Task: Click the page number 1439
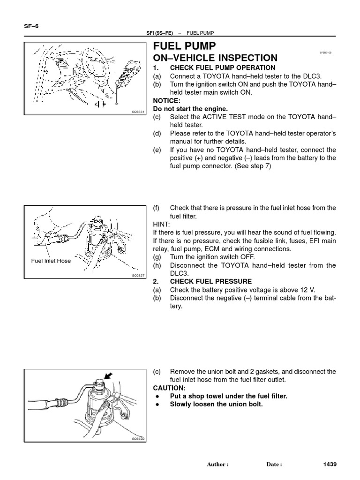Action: (330, 464)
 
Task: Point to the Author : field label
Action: (217, 465)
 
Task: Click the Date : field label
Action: (274, 465)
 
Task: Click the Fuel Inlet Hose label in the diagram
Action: (51, 261)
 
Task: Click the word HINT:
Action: (162, 225)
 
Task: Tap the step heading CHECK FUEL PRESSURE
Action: (210, 281)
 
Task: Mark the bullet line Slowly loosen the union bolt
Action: (216, 404)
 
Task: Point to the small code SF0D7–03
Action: (325, 53)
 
